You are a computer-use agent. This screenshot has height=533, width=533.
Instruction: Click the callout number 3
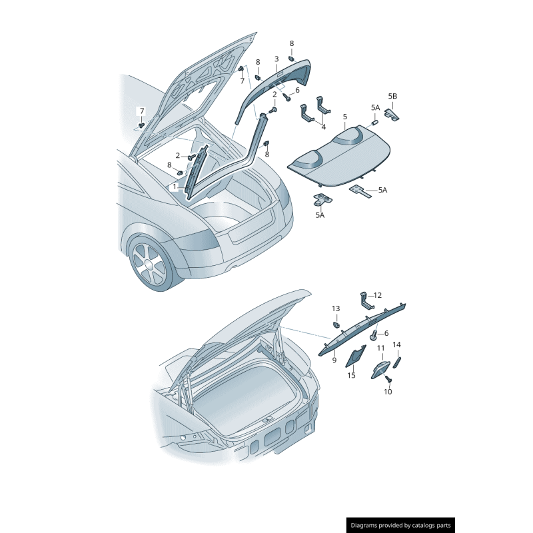click(x=276, y=59)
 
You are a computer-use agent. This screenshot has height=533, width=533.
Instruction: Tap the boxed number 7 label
click(x=142, y=111)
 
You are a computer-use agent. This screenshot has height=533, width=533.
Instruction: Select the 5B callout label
click(x=392, y=97)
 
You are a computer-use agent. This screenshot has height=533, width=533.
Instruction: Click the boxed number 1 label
click(x=175, y=187)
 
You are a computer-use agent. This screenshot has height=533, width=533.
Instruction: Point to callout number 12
click(x=377, y=295)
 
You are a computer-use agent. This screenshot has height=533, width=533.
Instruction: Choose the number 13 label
click(x=336, y=308)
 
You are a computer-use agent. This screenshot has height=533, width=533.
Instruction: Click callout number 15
click(x=351, y=375)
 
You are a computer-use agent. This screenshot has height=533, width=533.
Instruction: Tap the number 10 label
click(x=388, y=392)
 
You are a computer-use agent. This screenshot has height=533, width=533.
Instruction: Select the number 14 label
click(x=396, y=344)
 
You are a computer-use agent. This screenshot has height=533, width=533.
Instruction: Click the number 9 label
click(x=334, y=360)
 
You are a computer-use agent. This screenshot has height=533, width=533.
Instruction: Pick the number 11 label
click(x=380, y=348)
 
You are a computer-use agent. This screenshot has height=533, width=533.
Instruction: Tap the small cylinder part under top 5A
click(x=374, y=123)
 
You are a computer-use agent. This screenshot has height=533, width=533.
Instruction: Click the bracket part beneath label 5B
click(x=392, y=114)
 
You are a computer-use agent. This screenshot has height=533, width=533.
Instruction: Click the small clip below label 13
click(x=336, y=324)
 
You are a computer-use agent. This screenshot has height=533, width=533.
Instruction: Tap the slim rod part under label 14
click(x=397, y=362)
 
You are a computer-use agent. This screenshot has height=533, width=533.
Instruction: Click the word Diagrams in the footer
click(x=363, y=525)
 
